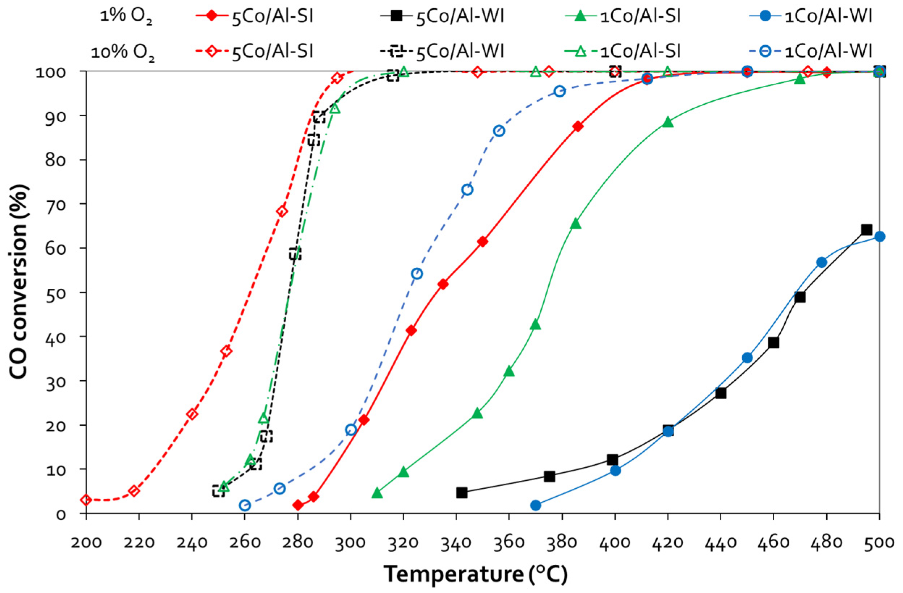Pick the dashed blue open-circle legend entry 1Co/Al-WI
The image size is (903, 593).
point(827,50)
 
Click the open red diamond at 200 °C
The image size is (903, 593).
point(86,500)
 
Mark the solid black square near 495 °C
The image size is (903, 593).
point(866,230)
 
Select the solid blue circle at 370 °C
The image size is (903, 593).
point(535,505)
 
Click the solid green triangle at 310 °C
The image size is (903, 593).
point(377,493)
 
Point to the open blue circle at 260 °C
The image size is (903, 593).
point(245,505)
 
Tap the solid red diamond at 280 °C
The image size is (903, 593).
point(298,505)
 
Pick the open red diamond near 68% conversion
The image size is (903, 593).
point(282,212)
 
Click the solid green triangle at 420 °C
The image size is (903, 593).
point(668,122)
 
